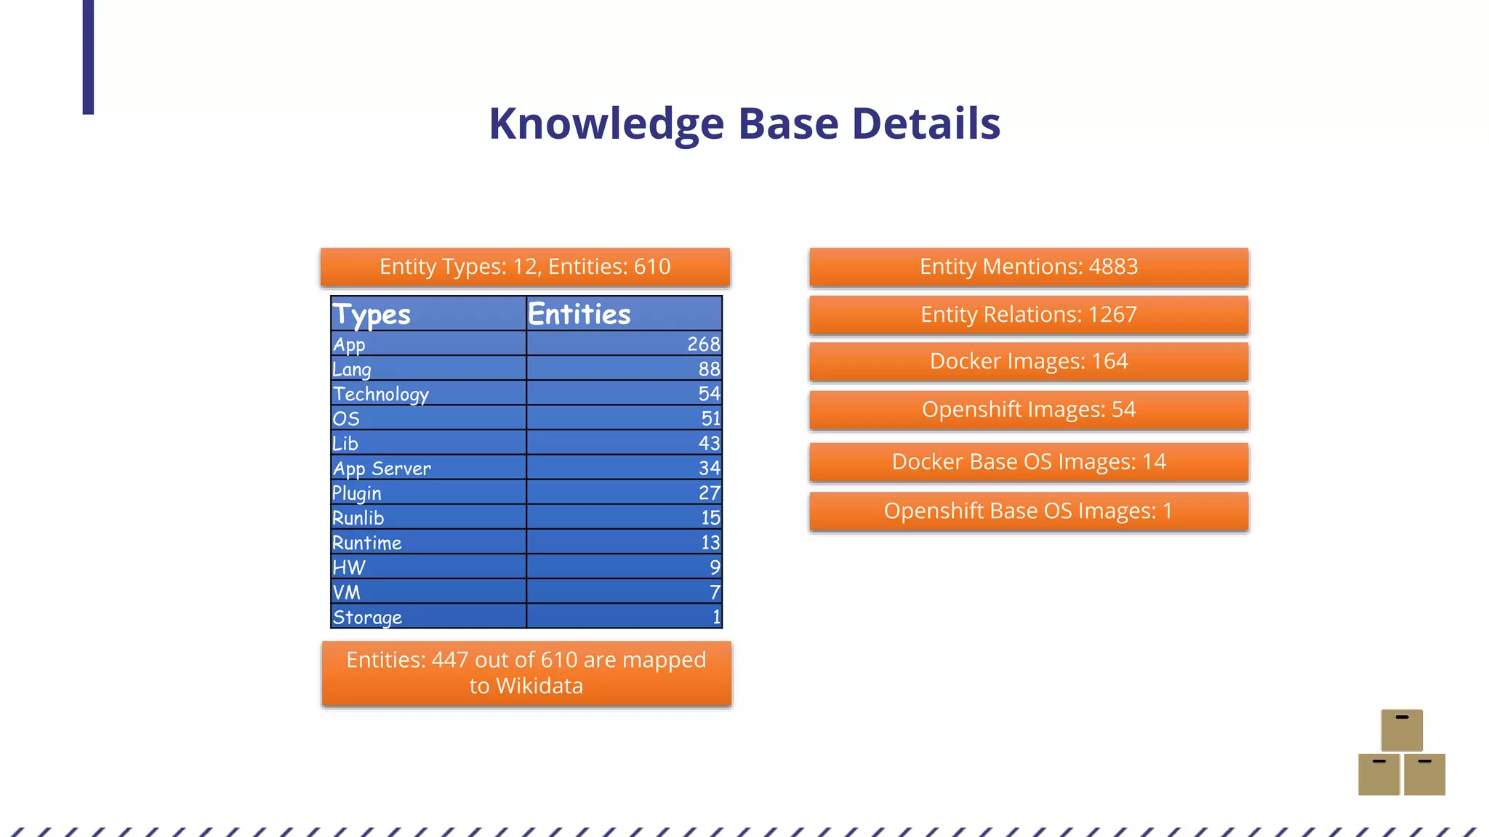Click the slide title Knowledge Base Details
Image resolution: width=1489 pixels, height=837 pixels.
(x=744, y=124)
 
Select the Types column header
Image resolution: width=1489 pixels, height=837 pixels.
(x=372, y=315)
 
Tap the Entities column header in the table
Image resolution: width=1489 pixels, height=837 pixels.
(x=579, y=315)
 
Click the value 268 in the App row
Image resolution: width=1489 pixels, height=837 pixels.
(x=703, y=344)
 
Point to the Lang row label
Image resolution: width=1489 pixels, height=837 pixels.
(x=352, y=369)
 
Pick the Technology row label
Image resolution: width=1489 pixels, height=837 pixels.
(x=381, y=394)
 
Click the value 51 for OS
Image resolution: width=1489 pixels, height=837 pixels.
(x=710, y=418)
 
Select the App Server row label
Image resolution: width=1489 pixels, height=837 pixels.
(x=382, y=469)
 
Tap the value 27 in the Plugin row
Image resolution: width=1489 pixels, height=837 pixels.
(x=709, y=493)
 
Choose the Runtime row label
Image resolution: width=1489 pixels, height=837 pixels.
(x=367, y=543)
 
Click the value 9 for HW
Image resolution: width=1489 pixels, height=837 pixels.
(x=715, y=567)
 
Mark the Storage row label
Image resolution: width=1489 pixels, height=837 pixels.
(x=367, y=617)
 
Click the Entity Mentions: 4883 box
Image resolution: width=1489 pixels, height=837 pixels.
(x=1029, y=267)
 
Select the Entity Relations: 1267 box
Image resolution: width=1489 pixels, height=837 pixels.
(x=1029, y=315)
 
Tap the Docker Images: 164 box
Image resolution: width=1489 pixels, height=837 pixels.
(x=1029, y=361)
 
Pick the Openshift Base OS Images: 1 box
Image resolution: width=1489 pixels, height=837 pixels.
(x=1029, y=511)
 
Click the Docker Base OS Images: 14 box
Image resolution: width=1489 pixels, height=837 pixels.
(x=1029, y=462)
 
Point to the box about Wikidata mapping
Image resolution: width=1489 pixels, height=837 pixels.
(x=526, y=673)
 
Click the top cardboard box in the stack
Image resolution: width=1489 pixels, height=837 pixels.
(x=1402, y=729)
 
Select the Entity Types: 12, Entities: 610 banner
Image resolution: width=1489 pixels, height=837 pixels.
(x=525, y=267)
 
